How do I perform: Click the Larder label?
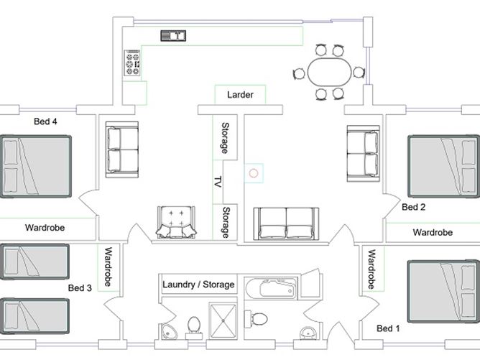(x=240, y=95)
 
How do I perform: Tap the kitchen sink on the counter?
(x=173, y=36)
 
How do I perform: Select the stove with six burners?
(x=132, y=63)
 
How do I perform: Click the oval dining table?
(x=329, y=73)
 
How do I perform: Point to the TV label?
(x=218, y=182)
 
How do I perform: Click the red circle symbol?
(x=254, y=173)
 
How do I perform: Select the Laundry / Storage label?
(x=198, y=285)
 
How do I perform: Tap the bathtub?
(x=271, y=289)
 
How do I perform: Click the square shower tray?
(x=223, y=320)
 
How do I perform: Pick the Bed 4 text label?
(x=45, y=121)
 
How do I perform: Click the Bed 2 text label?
(x=414, y=207)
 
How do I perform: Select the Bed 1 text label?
(x=388, y=328)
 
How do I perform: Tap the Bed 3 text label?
(x=80, y=287)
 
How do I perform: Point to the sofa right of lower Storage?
(x=286, y=223)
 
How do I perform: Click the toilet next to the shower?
(x=193, y=327)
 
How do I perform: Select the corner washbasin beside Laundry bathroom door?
(x=167, y=331)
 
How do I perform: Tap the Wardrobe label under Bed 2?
(x=433, y=232)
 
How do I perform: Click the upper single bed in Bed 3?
(x=34, y=262)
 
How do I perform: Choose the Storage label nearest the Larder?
(x=226, y=138)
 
